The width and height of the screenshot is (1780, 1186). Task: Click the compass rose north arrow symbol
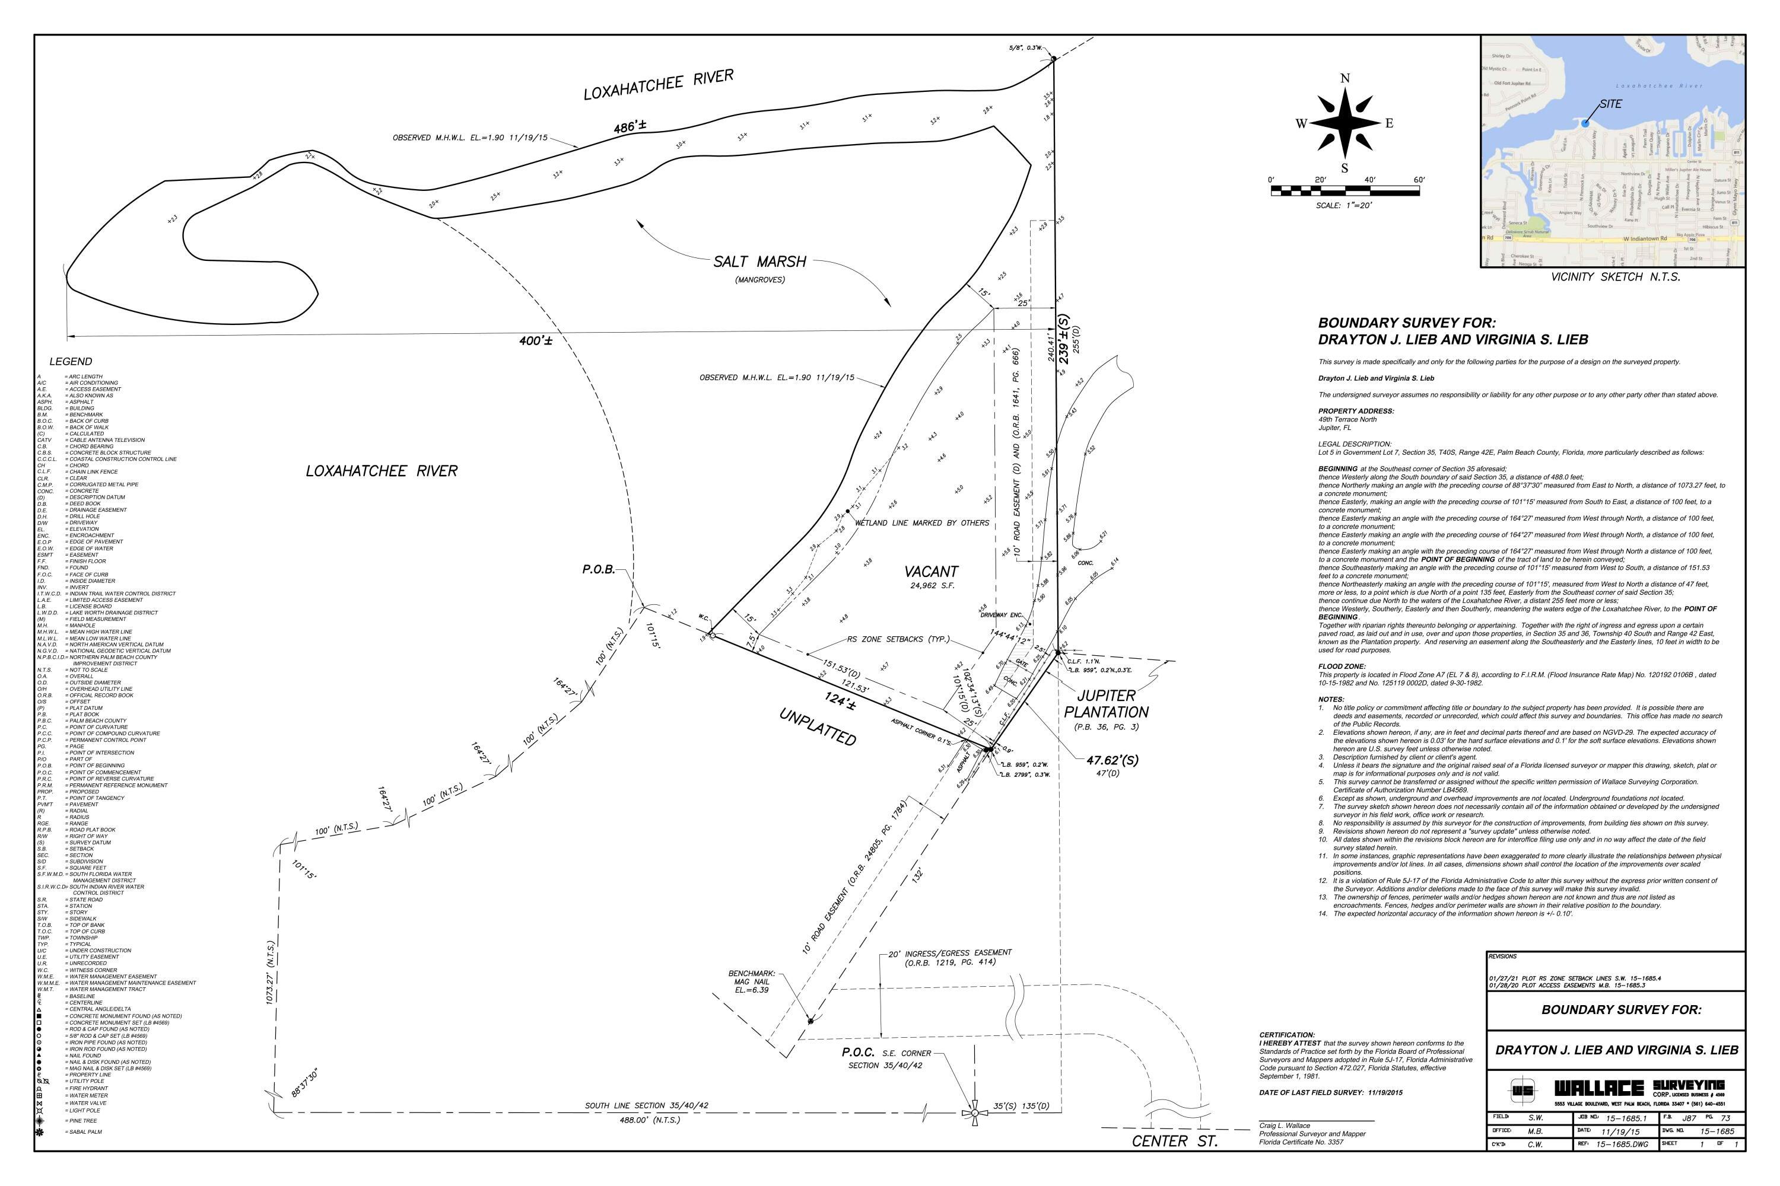(1345, 123)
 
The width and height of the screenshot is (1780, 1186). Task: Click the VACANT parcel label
(931, 572)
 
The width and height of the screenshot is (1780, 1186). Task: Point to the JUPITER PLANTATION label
(1106, 703)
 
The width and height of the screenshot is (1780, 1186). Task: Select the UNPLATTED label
(818, 727)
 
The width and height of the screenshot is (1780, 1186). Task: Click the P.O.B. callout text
(598, 569)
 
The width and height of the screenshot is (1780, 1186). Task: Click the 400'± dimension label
(536, 341)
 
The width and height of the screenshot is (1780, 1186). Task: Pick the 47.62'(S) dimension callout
(1112, 761)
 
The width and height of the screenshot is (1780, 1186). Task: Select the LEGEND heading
(71, 362)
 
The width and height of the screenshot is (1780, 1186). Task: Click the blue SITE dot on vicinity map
(1585, 123)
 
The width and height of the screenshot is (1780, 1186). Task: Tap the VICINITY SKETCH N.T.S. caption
(1615, 277)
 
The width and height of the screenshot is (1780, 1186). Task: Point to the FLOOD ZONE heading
(1342, 667)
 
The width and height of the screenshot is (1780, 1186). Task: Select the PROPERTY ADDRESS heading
(1355, 411)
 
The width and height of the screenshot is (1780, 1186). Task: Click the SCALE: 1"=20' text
(1344, 206)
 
